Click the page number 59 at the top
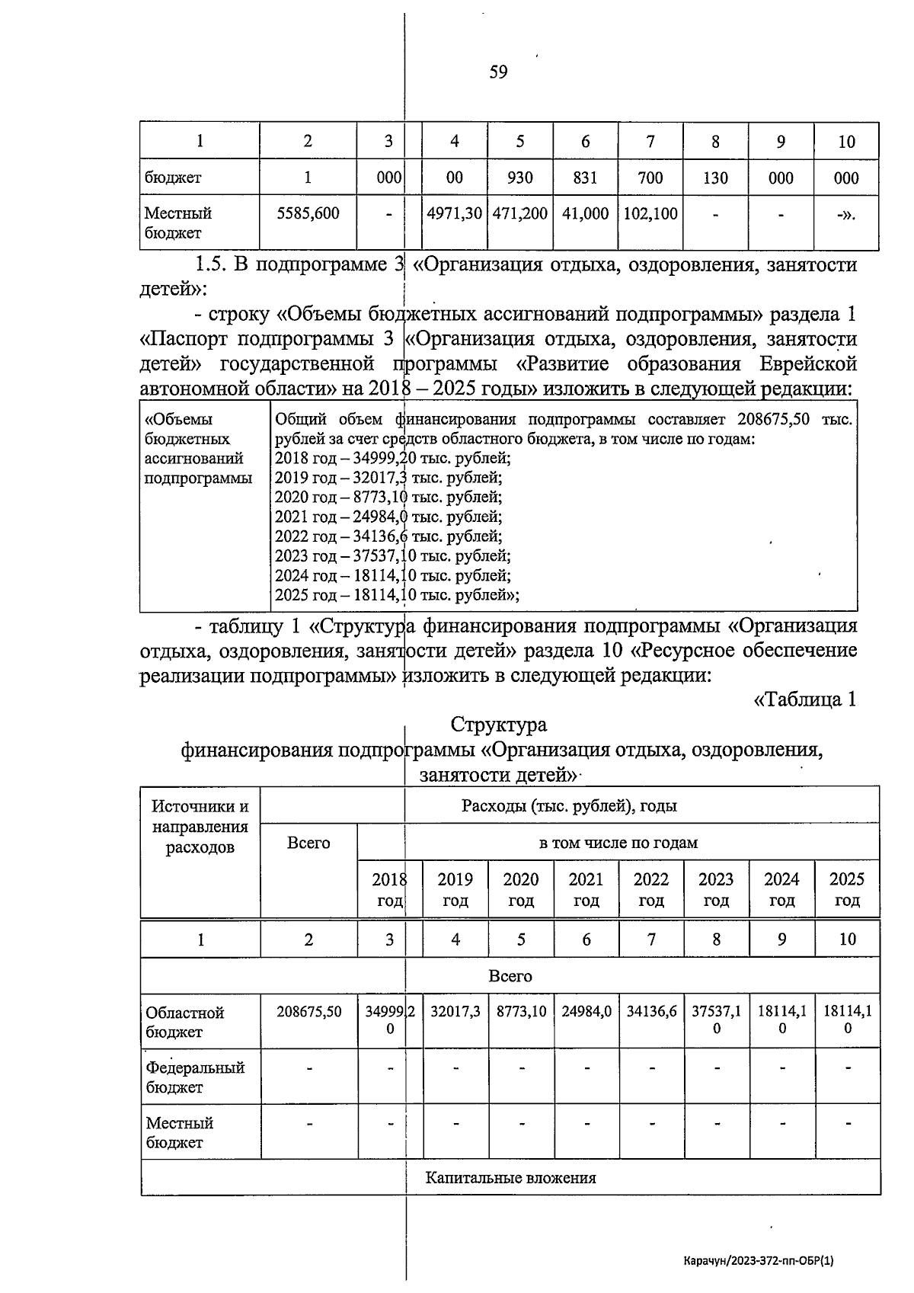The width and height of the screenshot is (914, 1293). pyautogui.click(x=498, y=72)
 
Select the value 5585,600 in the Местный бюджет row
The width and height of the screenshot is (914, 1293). pyautogui.click(x=308, y=214)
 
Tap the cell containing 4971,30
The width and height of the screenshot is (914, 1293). pyautogui.click(x=454, y=214)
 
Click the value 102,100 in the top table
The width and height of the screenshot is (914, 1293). pyautogui.click(x=650, y=214)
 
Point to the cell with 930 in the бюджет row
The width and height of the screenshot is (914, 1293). pyautogui.click(x=520, y=178)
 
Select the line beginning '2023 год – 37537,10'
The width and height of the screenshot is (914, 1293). pyautogui.click(x=392, y=556)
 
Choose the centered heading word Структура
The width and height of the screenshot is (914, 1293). pyautogui.click(x=498, y=724)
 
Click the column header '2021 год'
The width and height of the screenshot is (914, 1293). pyautogui.click(x=586, y=890)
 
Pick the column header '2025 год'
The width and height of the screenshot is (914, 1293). pyautogui.click(x=846, y=890)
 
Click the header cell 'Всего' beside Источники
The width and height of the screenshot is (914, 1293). pyautogui.click(x=308, y=843)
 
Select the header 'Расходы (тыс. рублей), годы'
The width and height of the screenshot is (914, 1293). pyautogui.click(x=569, y=806)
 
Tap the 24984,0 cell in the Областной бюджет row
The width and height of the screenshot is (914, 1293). pyautogui.click(x=586, y=1013)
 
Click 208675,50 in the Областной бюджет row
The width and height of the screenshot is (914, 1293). pyautogui.click(x=308, y=1013)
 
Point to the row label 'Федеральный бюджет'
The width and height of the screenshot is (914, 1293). pyautogui.click(x=195, y=1077)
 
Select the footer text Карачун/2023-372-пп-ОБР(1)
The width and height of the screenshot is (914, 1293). pyautogui.click(x=759, y=1261)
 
